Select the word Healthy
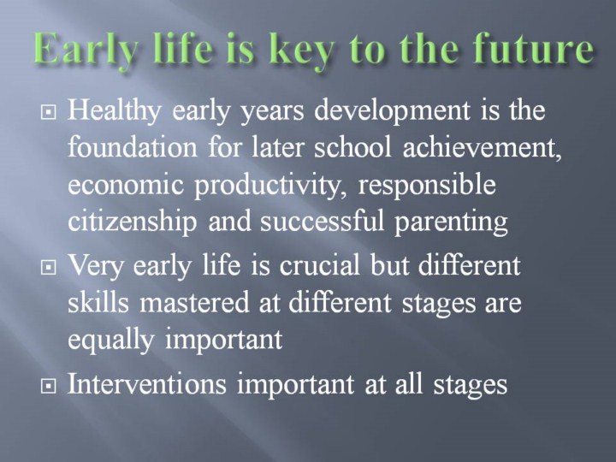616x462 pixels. point(114,110)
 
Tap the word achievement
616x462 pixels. point(482,147)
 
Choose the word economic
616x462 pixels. point(126,185)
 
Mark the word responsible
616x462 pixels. point(427,186)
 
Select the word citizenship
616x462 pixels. point(133,222)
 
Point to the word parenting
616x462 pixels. point(451,222)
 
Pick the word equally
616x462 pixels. point(110,340)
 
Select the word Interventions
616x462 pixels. point(147,383)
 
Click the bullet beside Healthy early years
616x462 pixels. point(48,112)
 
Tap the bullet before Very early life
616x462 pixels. point(48,268)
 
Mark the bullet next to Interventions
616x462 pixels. point(48,387)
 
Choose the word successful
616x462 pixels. point(322,222)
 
